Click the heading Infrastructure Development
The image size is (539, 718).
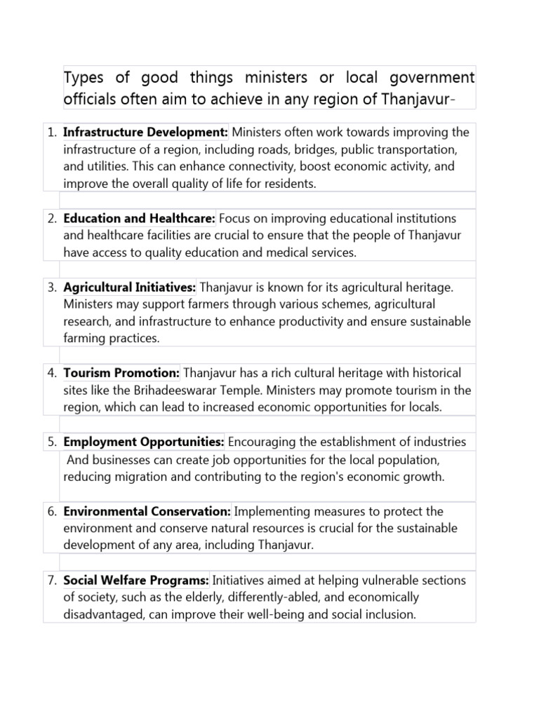tap(146, 133)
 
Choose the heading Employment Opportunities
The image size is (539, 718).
tap(144, 442)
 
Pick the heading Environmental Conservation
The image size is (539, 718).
tap(147, 512)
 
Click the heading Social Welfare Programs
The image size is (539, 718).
tap(136, 581)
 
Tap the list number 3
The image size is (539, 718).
tap(52, 287)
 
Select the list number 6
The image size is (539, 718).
tap(52, 512)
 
